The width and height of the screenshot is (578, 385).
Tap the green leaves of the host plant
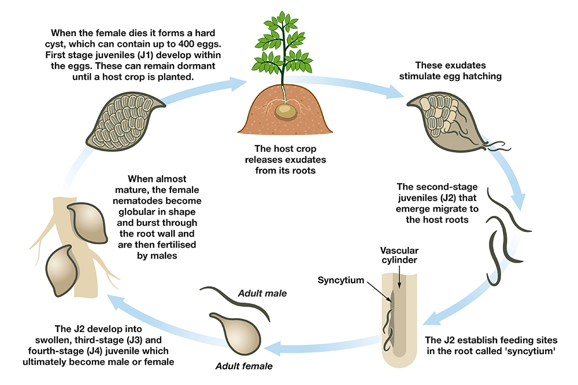283,40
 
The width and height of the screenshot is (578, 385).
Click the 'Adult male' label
262,293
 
